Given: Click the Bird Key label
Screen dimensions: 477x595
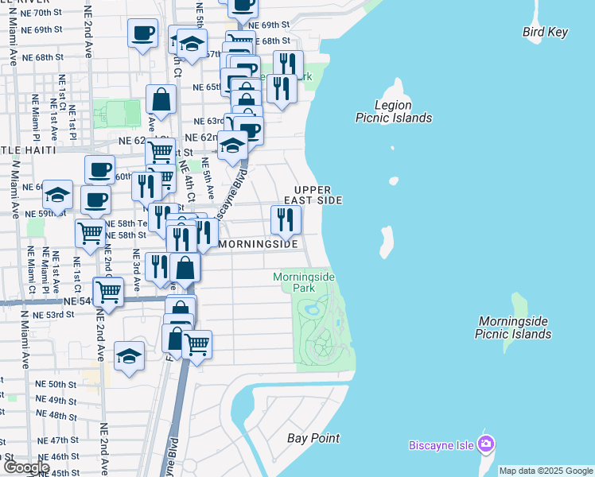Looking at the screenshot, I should (x=546, y=33).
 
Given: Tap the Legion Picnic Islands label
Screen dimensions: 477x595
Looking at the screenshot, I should (x=393, y=111).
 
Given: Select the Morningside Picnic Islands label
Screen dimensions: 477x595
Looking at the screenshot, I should (x=513, y=328).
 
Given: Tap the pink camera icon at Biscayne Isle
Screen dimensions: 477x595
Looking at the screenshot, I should (x=487, y=443).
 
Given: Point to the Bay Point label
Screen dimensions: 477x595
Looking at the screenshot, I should (x=313, y=438).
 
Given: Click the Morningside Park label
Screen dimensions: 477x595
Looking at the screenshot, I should (x=304, y=281).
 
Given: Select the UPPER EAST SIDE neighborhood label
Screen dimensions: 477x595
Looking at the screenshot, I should (x=317, y=195).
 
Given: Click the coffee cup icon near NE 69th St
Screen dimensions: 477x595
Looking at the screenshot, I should (x=143, y=34).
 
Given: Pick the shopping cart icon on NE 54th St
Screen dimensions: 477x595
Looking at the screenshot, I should (x=108, y=291).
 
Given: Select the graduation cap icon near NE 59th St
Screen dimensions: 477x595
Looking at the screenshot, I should (x=57, y=195).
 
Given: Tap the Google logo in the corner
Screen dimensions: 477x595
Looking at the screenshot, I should (x=25, y=467).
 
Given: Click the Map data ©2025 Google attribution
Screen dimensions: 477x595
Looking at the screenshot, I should (x=546, y=471).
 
